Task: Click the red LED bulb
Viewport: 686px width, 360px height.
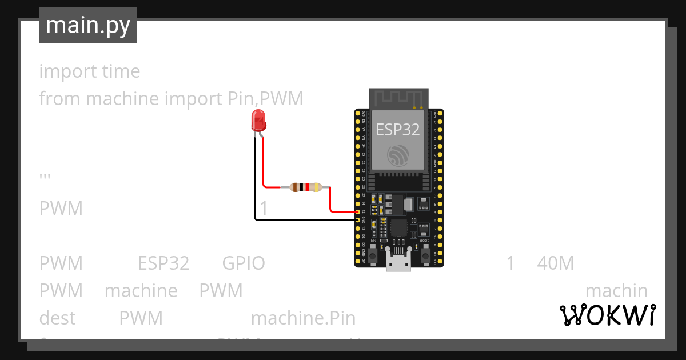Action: pyautogui.click(x=258, y=121)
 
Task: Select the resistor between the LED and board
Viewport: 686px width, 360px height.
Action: pyautogui.click(x=306, y=187)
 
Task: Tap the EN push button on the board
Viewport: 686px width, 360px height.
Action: pyautogui.click(x=373, y=255)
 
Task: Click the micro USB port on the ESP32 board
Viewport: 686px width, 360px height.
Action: pyautogui.click(x=398, y=262)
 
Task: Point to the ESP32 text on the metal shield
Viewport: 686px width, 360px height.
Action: pyautogui.click(x=398, y=130)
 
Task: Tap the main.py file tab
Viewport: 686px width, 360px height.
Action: pyautogui.click(x=88, y=25)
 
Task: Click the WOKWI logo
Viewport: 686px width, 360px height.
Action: pyautogui.click(x=607, y=315)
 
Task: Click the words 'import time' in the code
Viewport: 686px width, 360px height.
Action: pyautogui.click(x=89, y=71)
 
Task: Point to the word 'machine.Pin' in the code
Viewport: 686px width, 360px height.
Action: pyautogui.click(x=303, y=318)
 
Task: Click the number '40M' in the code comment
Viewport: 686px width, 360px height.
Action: pyautogui.click(x=555, y=263)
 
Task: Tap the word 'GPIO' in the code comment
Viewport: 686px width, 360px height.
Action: pyautogui.click(x=243, y=263)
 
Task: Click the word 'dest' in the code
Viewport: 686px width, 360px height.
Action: pyautogui.click(x=57, y=318)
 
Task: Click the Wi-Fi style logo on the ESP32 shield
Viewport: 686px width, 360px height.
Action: pyautogui.click(x=398, y=154)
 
